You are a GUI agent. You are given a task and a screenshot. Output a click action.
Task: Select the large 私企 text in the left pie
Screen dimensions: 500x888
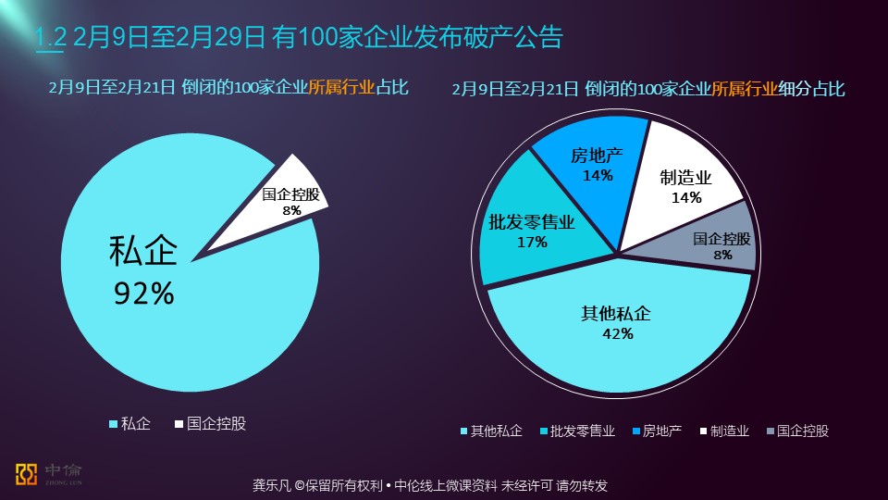[x=143, y=251]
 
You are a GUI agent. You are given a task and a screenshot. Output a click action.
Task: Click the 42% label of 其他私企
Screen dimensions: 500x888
[x=615, y=334]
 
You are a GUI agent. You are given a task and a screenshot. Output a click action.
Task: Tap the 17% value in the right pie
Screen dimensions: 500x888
[x=532, y=243]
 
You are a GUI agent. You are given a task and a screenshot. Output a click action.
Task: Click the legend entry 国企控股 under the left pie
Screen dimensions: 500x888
[x=216, y=424]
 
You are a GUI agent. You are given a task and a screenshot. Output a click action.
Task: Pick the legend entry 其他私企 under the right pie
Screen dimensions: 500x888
[x=496, y=431]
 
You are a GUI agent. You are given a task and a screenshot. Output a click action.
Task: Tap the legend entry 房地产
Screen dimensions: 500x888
[x=660, y=431]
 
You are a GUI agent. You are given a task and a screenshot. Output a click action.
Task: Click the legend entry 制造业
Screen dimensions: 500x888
[x=729, y=431]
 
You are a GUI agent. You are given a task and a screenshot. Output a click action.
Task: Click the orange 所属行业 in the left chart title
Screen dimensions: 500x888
[x=341, y=88]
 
